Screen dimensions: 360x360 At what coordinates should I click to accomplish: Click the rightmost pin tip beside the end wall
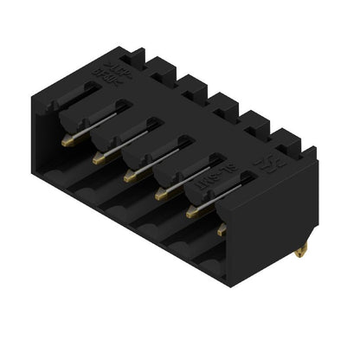click(x=222, y=230)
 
